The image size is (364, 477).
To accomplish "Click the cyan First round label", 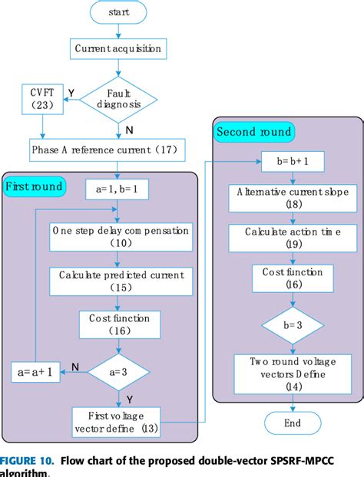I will pos(34,186).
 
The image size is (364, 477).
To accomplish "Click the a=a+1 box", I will pos(33,373).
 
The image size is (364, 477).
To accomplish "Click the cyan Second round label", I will pos(254,132).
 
